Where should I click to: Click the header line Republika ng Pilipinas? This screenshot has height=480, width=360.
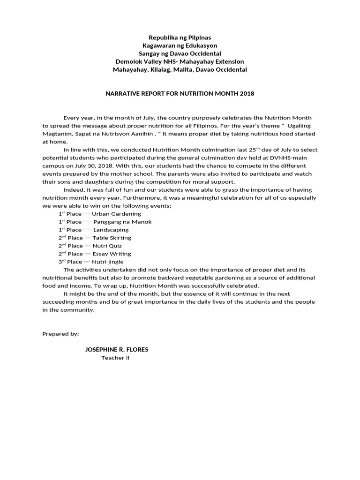pyautogui.click(x=180, y=37)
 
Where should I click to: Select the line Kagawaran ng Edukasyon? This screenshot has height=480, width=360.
pyautogui.click(x=180, y=45)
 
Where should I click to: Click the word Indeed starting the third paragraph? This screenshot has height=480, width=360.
pyautogui.click(x=74, y=190)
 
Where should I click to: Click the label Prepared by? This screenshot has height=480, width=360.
pyautogui.click(x=60, y=334)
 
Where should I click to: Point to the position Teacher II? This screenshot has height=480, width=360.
pyautogui.click(x=115, y=358)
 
